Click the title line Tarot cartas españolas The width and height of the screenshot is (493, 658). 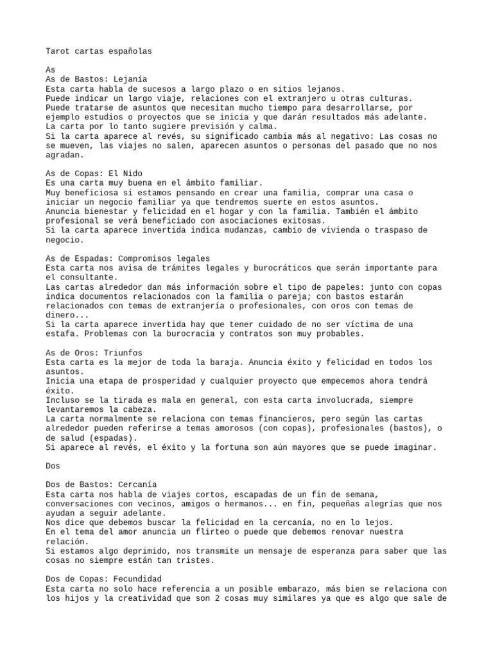tap(99, 51)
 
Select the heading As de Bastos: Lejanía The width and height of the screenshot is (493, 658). tap(96, 79)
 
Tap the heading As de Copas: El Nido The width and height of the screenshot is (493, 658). tap(94, 173)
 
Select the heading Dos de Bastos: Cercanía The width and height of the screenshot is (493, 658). tap(101, 485)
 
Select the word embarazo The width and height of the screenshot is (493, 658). tap(313, 589)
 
